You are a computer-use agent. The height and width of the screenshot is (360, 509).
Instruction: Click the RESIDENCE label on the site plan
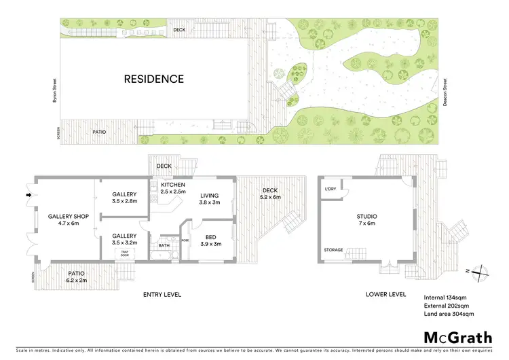[153, 79]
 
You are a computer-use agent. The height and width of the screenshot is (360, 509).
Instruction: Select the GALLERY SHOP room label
[64, 219]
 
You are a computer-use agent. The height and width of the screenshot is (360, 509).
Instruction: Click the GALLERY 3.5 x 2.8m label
[124, 198]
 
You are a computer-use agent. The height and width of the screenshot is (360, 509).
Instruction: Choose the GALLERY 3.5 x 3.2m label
[124, 238]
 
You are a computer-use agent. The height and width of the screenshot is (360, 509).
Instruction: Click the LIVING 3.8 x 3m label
[209, 198]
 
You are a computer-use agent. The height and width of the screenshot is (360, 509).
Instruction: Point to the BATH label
[164, 246]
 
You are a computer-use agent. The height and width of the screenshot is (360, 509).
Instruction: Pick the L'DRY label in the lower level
[331, 189]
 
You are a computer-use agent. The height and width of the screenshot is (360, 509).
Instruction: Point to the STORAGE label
[333, 250]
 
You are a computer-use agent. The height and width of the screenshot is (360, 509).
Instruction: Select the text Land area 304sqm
[449, 314]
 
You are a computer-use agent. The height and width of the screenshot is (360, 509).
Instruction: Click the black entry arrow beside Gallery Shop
[28, 197]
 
